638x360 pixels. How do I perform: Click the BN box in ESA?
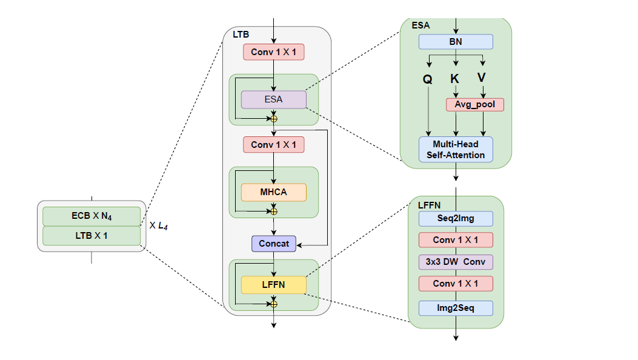click(x=456, y=42)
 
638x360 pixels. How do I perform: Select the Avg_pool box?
click(x=474, y=104)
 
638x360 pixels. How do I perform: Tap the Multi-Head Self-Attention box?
click(x=456, y=149)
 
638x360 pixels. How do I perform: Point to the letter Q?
click(x=427, y=79)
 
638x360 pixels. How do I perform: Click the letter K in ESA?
click(x=455, y=79)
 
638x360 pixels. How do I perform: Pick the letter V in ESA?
click(x=482, y=78)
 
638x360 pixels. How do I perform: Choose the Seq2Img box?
click(x=456, y=218)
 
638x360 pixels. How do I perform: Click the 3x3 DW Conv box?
click(x=456, y=262)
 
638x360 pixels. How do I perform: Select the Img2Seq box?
click(x=456, y=308)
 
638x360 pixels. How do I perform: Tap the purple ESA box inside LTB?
click(x=274, y=99)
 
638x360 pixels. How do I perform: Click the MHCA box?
click(x=274, y=192)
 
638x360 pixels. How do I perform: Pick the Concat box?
click(x=274, y=244)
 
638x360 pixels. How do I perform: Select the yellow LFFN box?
click(x=274, y=284)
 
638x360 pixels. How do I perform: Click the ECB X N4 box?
click(x=91, y=216)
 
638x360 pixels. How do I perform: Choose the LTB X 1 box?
click(x=91, y=235)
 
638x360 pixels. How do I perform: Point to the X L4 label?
click(x=159, y=225)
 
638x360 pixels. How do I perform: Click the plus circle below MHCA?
click(x=274, y=211)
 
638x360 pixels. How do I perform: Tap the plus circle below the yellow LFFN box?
click(x=274, y=303)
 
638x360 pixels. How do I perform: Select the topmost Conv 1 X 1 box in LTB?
click(x=274, y=52)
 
